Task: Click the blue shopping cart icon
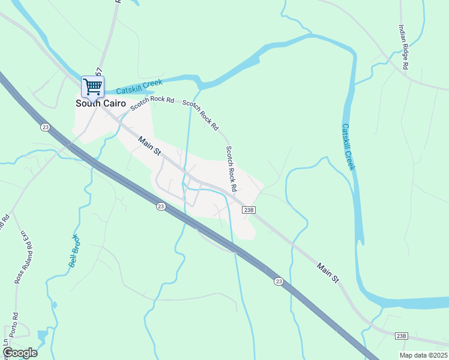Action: pos(92,86)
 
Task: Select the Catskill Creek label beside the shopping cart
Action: pos(139,87)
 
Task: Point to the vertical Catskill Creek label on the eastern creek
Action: pos(348,147)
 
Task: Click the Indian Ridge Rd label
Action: pos(403,47)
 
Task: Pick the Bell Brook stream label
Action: pos(75,251)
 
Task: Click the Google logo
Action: pos(20,352)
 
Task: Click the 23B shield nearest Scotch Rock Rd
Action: pos(250,210)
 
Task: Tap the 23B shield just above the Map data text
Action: pos(402,336)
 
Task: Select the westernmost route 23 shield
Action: pos(45,127)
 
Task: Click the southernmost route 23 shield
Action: pos(279,281)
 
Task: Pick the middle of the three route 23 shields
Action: pos(160,206)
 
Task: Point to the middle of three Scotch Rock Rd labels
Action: pos(200,115)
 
